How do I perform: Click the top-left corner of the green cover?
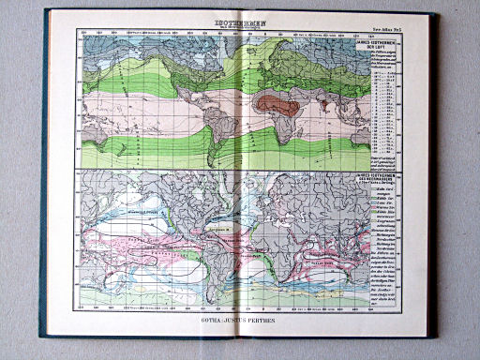(x=45, y=11)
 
